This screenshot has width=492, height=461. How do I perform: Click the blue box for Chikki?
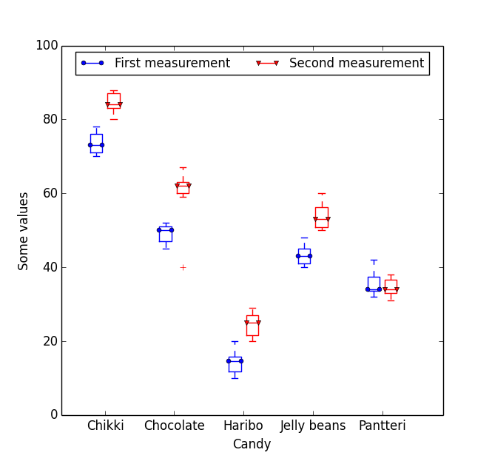tap(96, 143)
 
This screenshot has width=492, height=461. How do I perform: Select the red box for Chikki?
tap(113, 101)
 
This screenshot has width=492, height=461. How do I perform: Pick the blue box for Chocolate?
tap(165, 234)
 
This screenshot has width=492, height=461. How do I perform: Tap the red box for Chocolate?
tap(183, 188)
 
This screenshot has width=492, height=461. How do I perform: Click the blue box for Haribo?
tap(235, 363)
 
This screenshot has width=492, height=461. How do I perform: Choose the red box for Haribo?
tap(252, 325)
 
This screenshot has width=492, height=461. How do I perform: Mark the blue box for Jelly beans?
tap(304, 256)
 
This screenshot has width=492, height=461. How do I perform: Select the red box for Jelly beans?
tap(321, 218)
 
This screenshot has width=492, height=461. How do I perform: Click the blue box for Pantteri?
tap(374, 283)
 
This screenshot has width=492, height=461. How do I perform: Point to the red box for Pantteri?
tap(391, 286)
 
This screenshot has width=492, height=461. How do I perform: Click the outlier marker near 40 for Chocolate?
tap(183, 267)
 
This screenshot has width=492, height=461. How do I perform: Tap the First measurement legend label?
tap(172, 64)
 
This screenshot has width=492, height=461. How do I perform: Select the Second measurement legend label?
tap(356, 64)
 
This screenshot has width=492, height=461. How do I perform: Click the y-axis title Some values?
tap(24, 230)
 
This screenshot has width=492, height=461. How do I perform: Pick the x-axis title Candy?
tap(252, 445)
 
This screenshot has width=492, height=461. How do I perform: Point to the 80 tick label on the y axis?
tap(47, 119)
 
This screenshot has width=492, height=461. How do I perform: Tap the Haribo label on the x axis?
tap(243, 426)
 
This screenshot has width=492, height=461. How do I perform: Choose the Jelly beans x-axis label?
tap(312, 426)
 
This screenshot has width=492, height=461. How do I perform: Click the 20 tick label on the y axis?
tap(47, 341)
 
